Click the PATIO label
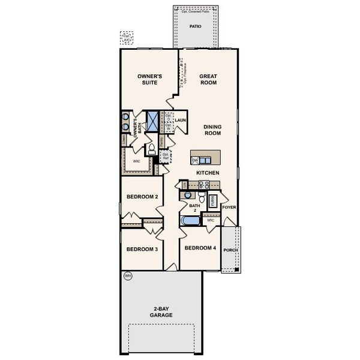195,27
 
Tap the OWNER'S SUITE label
148,79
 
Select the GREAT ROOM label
208,79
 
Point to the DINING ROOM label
213,130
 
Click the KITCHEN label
208,173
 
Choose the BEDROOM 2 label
142,197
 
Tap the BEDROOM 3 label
142,249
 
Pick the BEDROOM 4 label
200,248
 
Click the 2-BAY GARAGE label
161,311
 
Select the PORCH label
230,250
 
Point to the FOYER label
229,208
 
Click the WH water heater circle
127,277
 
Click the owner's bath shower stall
152,121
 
